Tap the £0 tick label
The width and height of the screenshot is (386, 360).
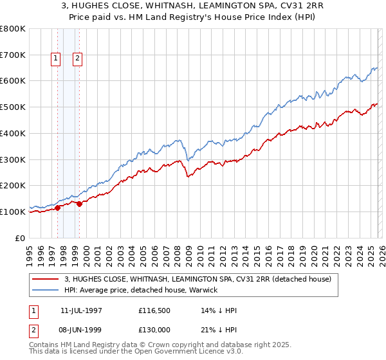[21, 238]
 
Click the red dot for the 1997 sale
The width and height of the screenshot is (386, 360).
[58, 207]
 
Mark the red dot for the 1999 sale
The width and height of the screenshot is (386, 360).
[79, 204]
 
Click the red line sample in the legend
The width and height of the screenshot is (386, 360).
[45, 279]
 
